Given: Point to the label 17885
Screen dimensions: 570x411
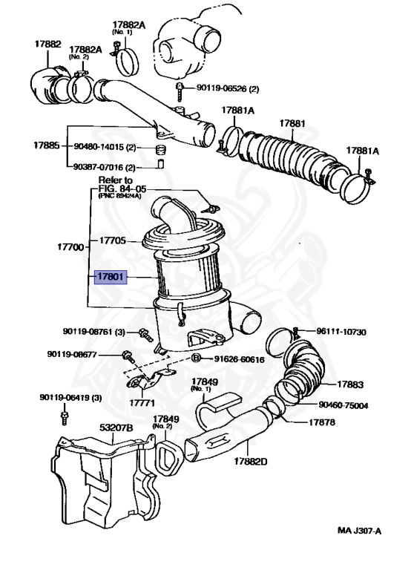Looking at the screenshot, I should tap(47, 145).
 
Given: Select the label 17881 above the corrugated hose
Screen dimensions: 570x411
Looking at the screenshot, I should tap(292, 122).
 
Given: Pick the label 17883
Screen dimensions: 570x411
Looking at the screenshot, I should tap(350, 384).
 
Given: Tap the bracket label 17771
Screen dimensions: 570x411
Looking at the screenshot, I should tap(144, 403).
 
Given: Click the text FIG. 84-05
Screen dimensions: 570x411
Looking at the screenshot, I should tap(116, 189).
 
